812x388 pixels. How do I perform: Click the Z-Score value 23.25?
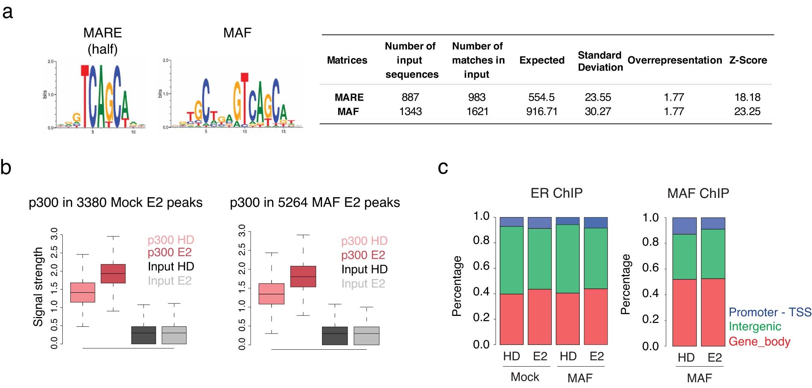click(747, 112)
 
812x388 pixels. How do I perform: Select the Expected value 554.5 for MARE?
click(541, 97)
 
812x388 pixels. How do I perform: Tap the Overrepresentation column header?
click(674, 60)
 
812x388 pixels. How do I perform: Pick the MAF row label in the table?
click(348, 112)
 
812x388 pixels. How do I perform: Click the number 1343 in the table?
click(410, 112)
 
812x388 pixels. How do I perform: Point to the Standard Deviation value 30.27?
click(597, 112)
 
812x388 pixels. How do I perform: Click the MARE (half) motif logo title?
click(103, 41)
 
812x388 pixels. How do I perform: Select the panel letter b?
click(6, 167)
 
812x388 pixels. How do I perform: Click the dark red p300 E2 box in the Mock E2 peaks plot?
click(113, 273)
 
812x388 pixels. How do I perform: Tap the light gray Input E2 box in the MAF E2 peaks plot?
click(366, 335)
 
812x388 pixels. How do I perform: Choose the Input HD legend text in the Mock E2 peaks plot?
click(171, 266)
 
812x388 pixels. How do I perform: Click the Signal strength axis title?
click(38, 287)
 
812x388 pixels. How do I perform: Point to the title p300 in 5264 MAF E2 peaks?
click(315, 202)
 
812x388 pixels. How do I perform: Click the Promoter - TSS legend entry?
click(770, 312)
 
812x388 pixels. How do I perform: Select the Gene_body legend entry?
click(759, 341)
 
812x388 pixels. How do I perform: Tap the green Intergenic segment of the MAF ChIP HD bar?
click(684, 257)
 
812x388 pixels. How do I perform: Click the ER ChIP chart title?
click(556, 193)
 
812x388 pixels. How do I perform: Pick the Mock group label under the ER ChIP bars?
click(525, 377)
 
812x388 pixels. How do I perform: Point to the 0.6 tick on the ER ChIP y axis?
click(481, 266)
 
